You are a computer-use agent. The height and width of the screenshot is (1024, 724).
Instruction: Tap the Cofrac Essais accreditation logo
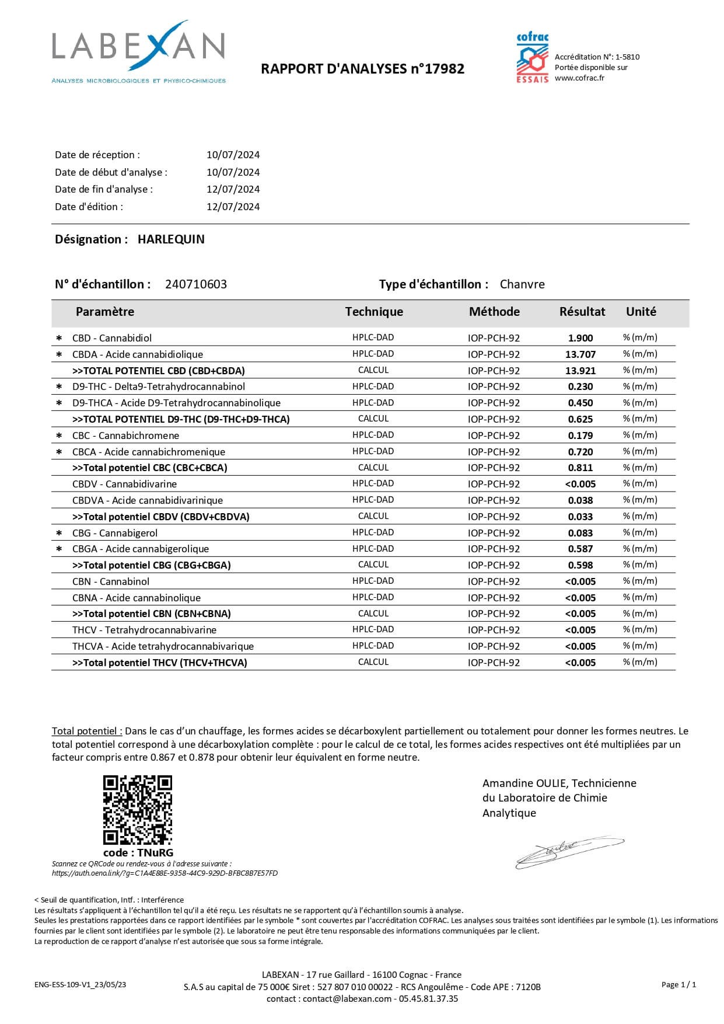point(532,57)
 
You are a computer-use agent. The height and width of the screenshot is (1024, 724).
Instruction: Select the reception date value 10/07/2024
point(233,155)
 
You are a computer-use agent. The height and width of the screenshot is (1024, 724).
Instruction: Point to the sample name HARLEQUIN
point(171,239)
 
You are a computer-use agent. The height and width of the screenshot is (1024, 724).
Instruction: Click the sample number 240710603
point(196,284)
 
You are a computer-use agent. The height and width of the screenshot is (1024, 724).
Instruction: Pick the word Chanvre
point(522,284)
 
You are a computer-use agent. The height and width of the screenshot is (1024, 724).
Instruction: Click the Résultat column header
point(582,312)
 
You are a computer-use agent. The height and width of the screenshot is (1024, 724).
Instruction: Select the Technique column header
point(374,312)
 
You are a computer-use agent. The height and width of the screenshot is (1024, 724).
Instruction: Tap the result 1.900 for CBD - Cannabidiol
point(580,338)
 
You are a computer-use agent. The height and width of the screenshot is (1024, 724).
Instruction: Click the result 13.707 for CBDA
point(580,354)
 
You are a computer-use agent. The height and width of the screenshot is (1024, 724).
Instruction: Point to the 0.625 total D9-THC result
point(580,419)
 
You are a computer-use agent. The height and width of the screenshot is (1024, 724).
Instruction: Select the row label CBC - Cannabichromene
point(125,436)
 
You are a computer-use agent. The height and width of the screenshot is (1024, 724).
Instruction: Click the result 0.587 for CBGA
point(580,549)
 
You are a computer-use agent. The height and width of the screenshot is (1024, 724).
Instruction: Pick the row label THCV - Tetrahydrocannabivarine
point(144,630)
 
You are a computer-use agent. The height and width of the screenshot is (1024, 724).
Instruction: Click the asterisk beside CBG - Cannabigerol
point(58,533)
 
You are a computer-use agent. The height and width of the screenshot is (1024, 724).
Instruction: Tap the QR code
point(138,810)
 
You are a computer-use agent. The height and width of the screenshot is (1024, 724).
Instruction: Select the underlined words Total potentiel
point(87,731)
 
